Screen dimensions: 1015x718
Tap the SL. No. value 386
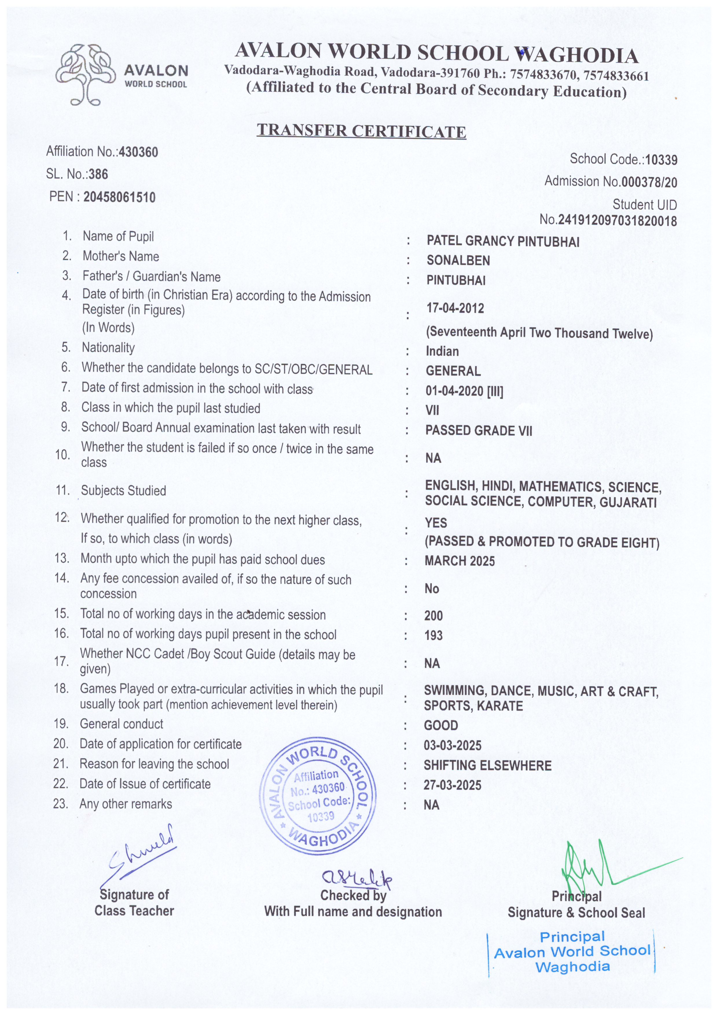98,174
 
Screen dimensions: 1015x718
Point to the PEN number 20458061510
119,197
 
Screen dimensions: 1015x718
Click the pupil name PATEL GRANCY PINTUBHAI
503,241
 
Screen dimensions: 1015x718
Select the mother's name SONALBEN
458,261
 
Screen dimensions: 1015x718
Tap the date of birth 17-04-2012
455,308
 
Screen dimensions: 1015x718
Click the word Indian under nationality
442,351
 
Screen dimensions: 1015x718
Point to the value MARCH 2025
460,561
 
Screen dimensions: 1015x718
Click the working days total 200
433,616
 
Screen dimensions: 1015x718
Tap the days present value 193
433,635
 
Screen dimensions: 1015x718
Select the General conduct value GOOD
441,726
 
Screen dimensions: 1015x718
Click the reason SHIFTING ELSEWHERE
488,765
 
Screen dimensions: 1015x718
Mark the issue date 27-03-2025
452,785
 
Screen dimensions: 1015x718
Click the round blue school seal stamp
318,793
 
